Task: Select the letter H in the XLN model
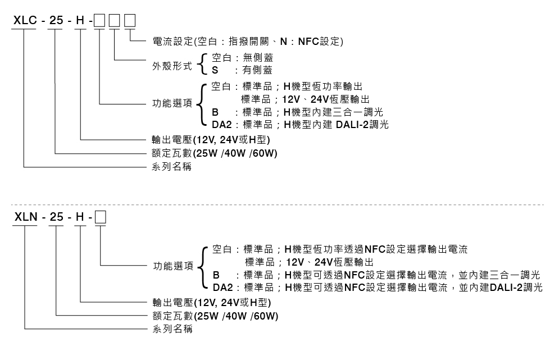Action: pyautogui.click(x=81, y=216)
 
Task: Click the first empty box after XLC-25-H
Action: pyautogui.click(x=99, y=21)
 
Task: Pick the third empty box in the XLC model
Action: pyautogui.click(x=129, y=21)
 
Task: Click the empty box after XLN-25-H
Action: pyautogui.click(x=101, y=216)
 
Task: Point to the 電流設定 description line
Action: pyautogui.click(x=247, y=42)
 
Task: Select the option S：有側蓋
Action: pyautogui.click(x=242, y=70)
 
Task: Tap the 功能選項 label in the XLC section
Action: pyautogui.click(x=172, y=104)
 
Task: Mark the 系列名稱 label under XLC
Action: pyautogui.click(x=172, y=167)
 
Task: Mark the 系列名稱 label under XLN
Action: pyautogui.click(x=172, y=329)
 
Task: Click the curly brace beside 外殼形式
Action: pyautogui.click(x=203, y=65)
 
